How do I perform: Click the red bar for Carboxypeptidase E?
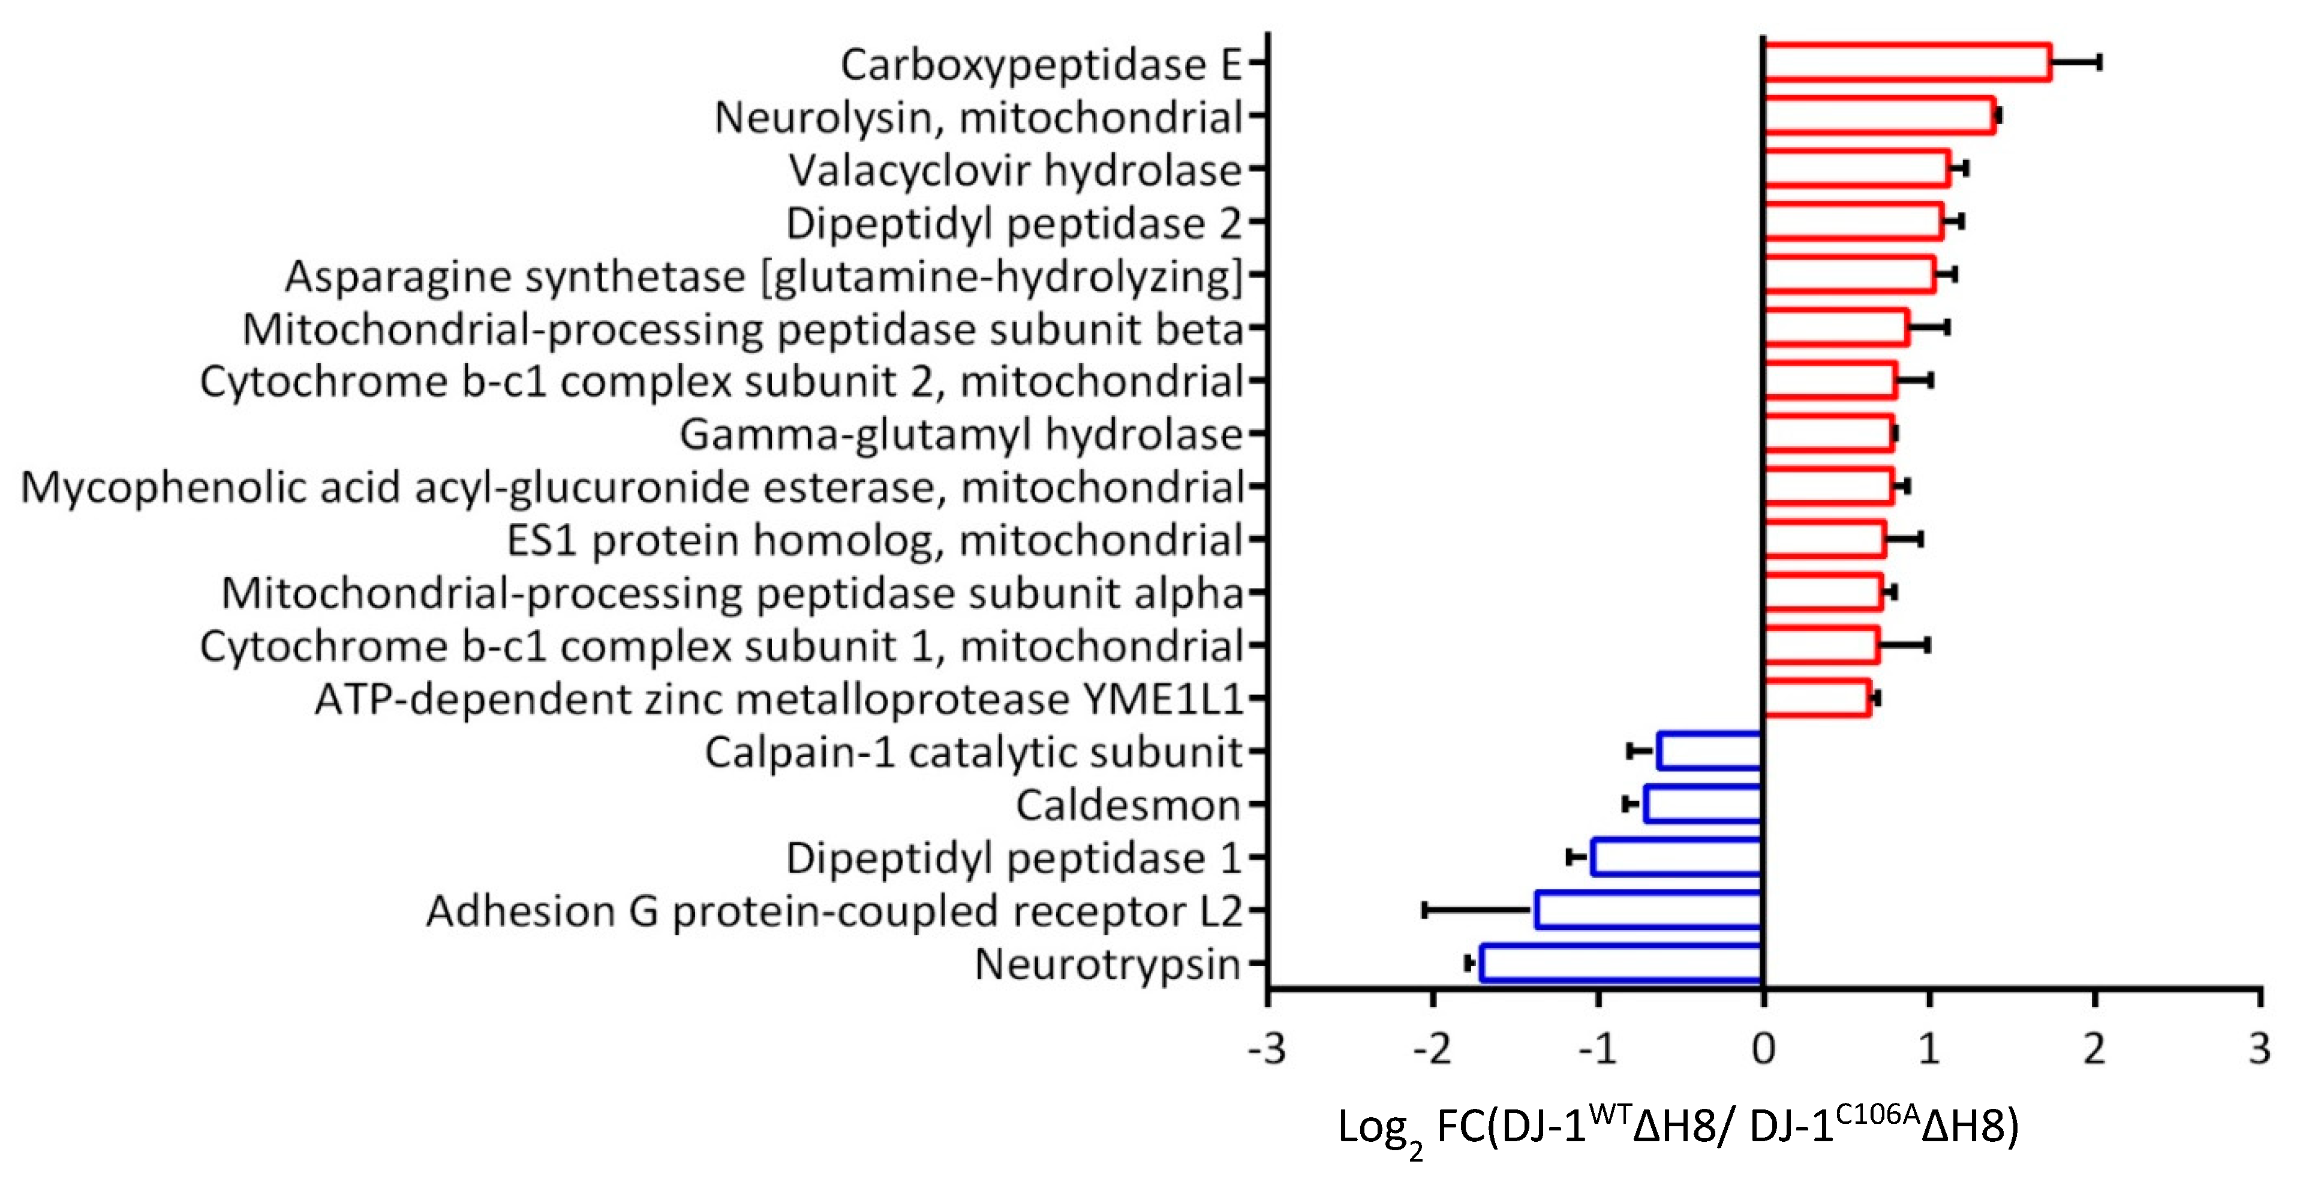tap(1907, 62)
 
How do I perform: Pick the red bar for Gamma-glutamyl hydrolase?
tap(1828, 434)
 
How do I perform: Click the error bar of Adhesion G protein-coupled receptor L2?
tap(1477, 910)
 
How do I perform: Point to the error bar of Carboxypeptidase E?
tap(2075, 62)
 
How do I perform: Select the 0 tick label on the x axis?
tap(1763, 1048)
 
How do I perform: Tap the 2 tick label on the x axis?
tap(2094, 1048)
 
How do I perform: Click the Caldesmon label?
tap(1128, 805)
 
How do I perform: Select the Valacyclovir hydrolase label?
tap(1015, 170)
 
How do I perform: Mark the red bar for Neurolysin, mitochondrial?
tap(1879, 116)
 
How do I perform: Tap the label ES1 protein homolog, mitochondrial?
tap(874, 540)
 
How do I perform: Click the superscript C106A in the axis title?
tap(1877, 1115)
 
